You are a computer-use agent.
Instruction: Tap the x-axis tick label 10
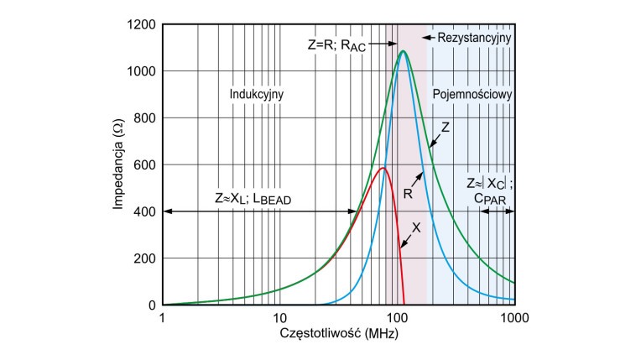(279, 318)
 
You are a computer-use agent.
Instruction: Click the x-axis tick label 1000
(514, 318)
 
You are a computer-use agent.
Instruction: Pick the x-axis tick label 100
(397, 318)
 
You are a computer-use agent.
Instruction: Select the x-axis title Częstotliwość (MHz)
(338, 335)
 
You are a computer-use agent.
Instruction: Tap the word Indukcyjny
(257, 94)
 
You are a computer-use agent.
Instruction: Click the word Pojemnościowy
(472, 94)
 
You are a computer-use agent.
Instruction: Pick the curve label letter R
(408, 193)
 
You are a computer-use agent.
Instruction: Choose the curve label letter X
(417, 227)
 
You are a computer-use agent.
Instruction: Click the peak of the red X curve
(383, 168)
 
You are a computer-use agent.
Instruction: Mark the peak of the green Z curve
(404, 51)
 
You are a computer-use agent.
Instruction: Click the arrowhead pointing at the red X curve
(401, 248)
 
